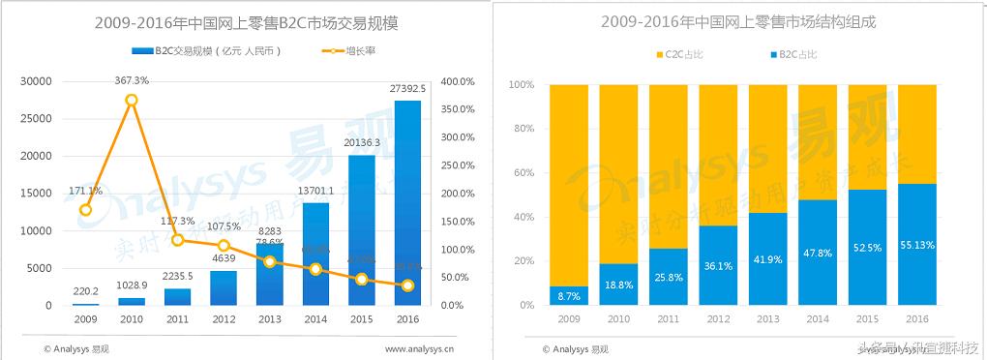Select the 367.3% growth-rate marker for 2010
[x=131, y=101]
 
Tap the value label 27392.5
[x=407, y=89]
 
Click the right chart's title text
[x=737, y=22]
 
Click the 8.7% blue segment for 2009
[x=568, y=295]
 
